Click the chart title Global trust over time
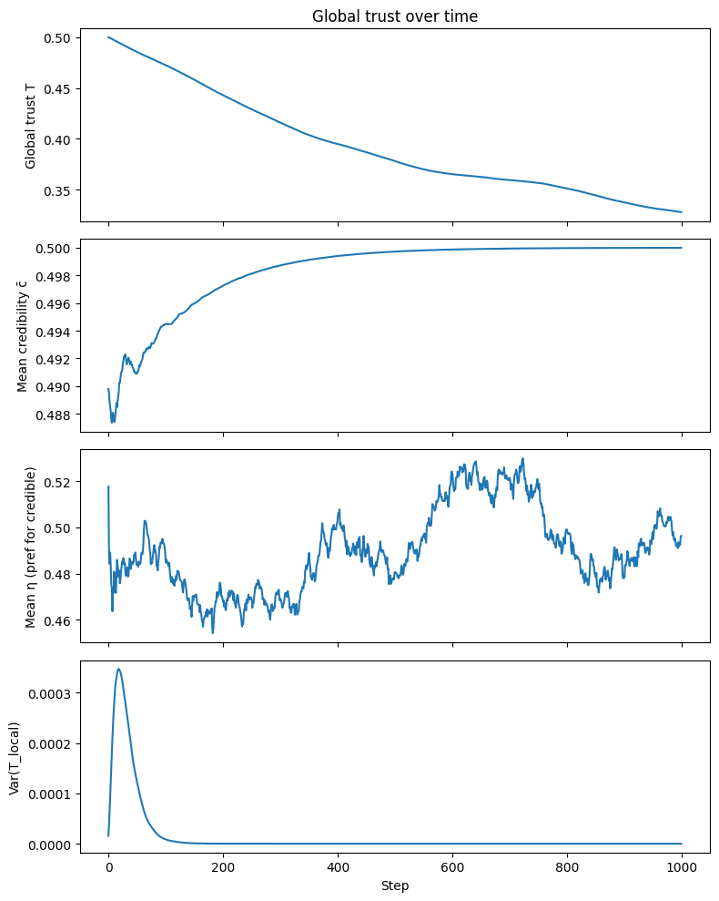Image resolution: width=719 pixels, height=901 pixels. [x=394, y=16]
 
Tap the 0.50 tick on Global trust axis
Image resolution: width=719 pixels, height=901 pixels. [x=57, y=38]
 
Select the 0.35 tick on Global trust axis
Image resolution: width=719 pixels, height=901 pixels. [x=57, y=190]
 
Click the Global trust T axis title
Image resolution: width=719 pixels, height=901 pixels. [x=30, y=127]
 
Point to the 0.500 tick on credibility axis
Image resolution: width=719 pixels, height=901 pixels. [x=54, y=249]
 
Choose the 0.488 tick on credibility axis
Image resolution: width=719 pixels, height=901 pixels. [x=54, y=415]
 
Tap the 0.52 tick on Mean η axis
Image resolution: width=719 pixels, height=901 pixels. [x=57, y=482]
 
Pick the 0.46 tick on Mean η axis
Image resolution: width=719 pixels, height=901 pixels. [x=57, y=621]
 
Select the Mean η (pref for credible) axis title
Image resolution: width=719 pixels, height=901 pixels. [x=30, y=547]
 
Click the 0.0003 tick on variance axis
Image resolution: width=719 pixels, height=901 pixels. [x=50, y=693]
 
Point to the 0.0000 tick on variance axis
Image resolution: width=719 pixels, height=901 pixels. [x=50, y=845]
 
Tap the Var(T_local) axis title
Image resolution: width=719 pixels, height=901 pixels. [x=15, y=759]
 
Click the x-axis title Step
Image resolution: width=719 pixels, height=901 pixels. [x=395, y=886]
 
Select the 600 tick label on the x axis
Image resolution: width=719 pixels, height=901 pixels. [x=452, y=867]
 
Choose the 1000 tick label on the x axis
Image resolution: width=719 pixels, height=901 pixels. [x=683, y=867]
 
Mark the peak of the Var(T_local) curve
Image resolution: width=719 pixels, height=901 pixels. [x=119, y=669]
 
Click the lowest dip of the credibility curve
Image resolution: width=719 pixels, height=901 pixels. [x=113, y=423]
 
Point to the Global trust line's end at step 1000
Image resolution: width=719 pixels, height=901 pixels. [x=682, y=212]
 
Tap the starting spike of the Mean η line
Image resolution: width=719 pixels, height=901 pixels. [x=108, y=486]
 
